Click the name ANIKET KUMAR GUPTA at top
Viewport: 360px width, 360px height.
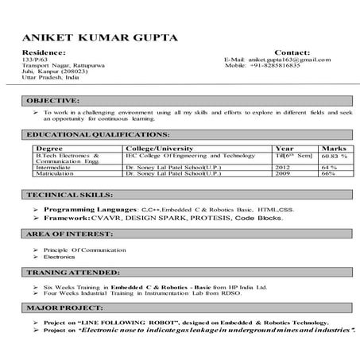pyautogui.click(x=100, y=37)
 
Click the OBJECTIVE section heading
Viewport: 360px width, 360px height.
pyautogui.click(x=52, y=101)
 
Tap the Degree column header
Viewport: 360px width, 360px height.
pyautogui.click(x=50, y=149)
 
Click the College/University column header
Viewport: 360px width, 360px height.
pyautogui.click(x=163, y=149)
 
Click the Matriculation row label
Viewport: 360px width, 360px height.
pyautogui.click(x=54, y=175)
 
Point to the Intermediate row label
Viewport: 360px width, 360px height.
pyautogui.click(x=54, y=168)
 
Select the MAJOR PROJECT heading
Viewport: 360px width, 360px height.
pyautogui.click(x=57, y=306)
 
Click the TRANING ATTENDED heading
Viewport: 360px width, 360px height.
pyautogui.click(x=66, y=272)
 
